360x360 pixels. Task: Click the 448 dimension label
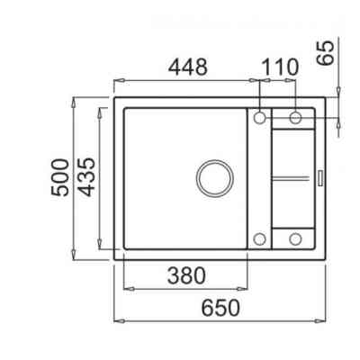[188, 67]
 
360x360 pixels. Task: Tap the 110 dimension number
[280, 67]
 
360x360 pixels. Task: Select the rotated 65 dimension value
[326, 52]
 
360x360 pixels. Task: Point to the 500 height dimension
[59, 177]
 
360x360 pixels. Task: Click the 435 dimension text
[86, 177]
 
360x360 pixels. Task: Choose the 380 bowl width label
[186, 276]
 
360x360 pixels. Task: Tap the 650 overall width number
[220, 308]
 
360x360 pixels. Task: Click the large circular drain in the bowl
[215, 179]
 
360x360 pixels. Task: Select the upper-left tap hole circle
[259, 118]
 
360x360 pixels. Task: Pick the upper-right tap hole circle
[295, 118]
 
